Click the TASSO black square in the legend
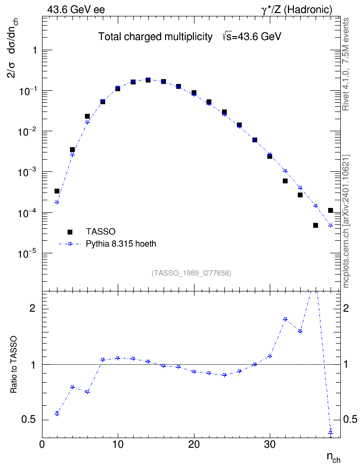70,232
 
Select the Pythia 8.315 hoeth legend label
121,244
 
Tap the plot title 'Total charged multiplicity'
155,37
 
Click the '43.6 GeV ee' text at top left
76,10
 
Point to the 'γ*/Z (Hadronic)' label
297,10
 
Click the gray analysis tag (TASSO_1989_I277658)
192,273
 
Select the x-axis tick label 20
194,444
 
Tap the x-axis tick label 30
270,444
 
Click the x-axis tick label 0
42,444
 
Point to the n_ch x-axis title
333,457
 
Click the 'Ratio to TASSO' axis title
13,365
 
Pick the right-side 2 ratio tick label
346,308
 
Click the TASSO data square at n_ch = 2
57,191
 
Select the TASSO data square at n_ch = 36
316,225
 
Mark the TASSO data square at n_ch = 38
331,210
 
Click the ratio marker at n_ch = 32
285,319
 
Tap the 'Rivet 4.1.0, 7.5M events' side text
346,64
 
